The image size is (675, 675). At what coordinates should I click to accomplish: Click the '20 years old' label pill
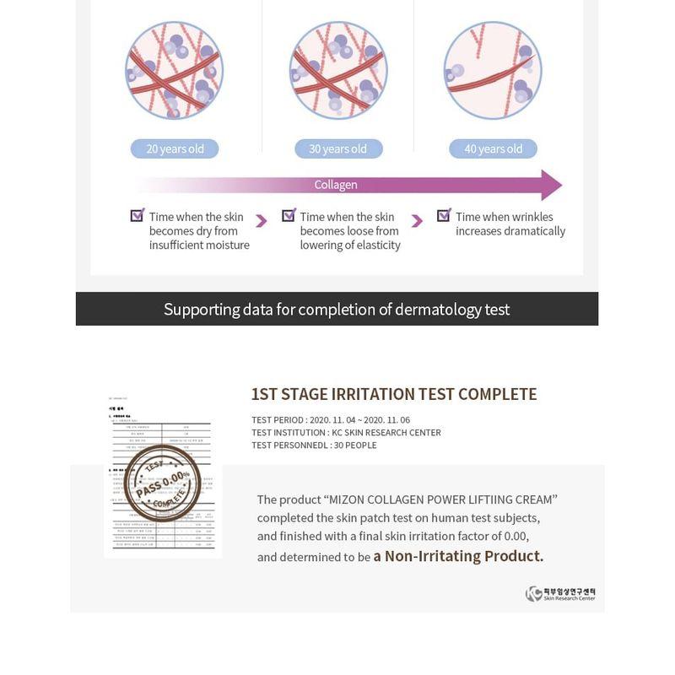pos(175,149)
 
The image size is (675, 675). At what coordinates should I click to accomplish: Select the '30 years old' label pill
pos(337,149)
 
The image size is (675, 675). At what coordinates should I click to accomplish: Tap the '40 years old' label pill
pos(493,149)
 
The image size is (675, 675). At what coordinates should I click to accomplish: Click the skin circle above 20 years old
pos(175,70)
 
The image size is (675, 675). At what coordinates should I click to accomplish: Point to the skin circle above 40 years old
pos(493,70)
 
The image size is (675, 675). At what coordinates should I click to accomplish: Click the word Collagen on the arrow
pos(336,185)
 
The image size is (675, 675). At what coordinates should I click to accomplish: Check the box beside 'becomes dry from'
pos(138,216)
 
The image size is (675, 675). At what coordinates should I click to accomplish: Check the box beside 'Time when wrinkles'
pos(444,216)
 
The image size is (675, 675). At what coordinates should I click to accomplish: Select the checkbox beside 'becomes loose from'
pos(289,216)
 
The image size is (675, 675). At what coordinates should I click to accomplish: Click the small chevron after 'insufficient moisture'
pos(262,221)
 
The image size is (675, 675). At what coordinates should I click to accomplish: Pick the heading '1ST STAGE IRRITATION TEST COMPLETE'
pos(394,394)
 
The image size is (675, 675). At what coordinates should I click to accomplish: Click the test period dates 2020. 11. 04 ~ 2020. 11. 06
pos(359,420)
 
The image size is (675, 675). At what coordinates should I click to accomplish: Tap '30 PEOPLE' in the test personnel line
pos(355,445)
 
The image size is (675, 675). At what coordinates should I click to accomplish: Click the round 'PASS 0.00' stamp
pos(162,484)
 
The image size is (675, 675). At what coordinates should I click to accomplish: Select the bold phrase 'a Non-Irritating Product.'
pos(458,556)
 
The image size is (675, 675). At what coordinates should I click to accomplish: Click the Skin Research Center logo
pos(560,594)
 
